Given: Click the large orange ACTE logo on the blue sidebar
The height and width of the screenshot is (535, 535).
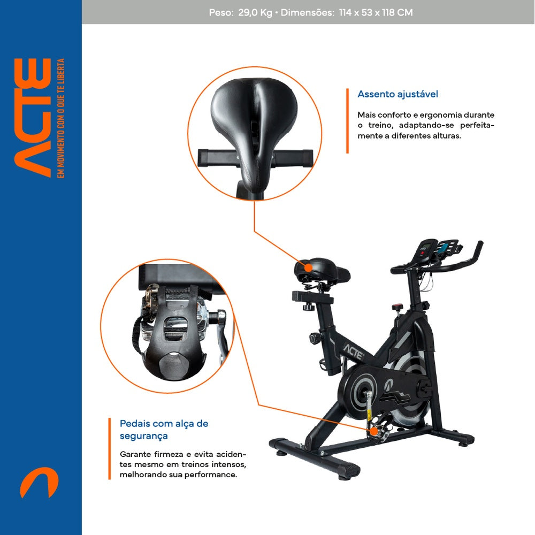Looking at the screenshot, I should tap(33, 118).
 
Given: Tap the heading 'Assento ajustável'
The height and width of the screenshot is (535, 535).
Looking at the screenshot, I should tap(398, 94).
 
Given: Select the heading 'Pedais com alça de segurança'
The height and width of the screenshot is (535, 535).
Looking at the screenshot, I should tap(164, 429).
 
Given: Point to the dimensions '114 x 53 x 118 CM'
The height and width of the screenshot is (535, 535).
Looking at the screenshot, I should tap(376, 12).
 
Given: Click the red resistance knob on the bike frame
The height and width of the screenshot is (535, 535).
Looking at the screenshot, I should tap(396, 308).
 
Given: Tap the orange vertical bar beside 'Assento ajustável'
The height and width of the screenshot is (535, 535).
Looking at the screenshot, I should tap(347, 121).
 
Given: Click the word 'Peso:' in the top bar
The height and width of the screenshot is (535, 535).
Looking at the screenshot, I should tap(220, 12).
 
